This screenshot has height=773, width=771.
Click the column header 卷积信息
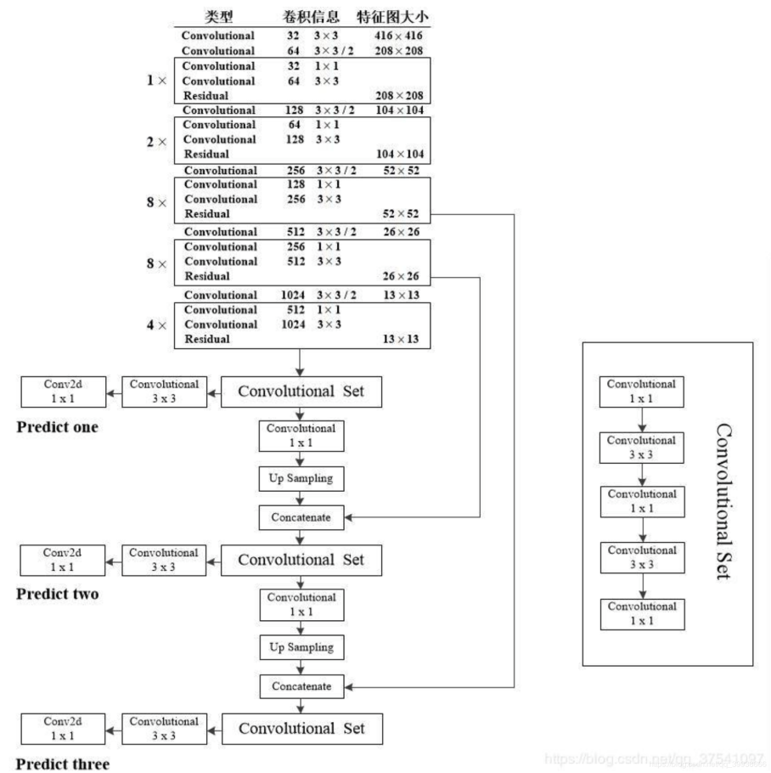(312, 17)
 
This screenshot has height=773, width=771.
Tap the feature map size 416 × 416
(397, 37)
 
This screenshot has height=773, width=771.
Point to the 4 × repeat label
(156, 325)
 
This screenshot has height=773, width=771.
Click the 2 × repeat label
(156, 142)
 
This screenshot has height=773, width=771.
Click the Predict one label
(57, 427)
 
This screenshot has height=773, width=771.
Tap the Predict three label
(63, 765)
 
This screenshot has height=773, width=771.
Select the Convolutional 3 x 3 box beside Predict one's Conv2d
(164, 391)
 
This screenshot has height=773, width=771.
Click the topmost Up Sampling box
(301, 479)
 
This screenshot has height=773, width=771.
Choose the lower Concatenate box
(301, 685)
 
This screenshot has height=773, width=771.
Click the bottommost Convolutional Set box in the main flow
(301, 729)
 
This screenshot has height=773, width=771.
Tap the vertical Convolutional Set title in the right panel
(723, 501)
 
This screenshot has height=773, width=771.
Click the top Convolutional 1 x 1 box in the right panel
(641, 391)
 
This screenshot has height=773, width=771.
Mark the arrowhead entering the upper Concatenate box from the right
(348, 516)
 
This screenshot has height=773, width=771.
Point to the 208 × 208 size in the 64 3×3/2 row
(397, 51)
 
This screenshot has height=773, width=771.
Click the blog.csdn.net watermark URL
(655, 757)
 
